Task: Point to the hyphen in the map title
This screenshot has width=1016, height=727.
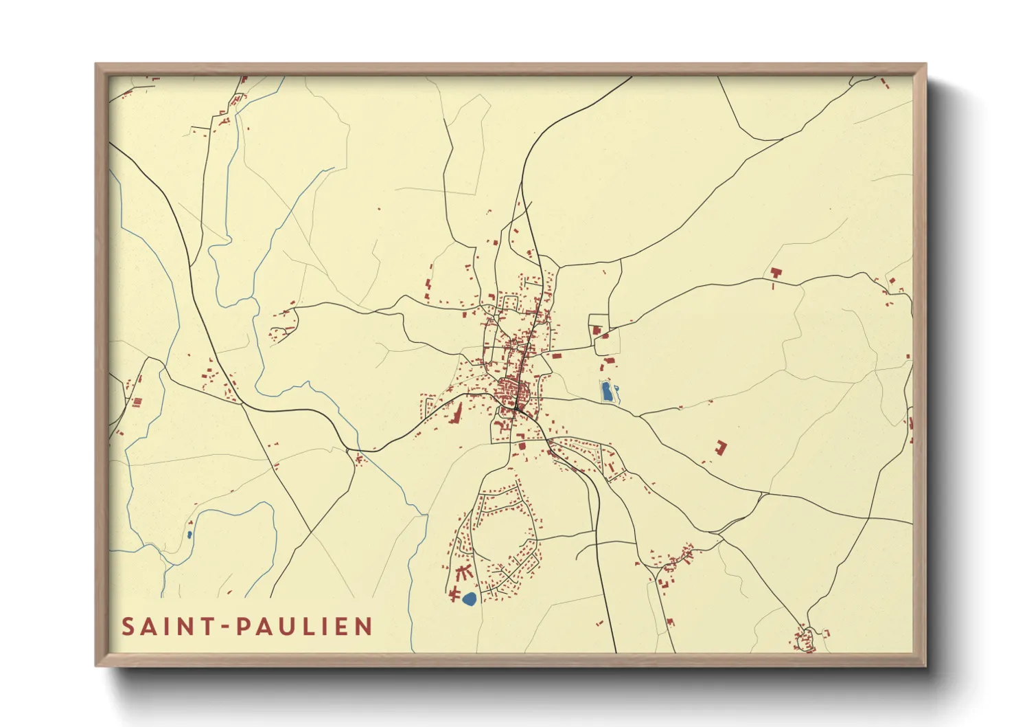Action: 227,627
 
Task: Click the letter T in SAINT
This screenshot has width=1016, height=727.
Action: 209,627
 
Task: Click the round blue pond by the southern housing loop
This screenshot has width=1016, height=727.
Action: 470,599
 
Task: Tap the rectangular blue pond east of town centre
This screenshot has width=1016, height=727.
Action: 608,392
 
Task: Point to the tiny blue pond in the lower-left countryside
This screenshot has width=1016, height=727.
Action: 189,534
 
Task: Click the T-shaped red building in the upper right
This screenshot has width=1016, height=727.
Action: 776,274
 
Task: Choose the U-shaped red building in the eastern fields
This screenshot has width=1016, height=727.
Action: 719,447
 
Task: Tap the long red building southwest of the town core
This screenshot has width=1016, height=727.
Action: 457,415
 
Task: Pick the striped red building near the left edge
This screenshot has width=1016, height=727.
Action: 136,401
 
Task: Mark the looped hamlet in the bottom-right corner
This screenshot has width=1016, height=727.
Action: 805,639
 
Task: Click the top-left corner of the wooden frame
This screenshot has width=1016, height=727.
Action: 96,65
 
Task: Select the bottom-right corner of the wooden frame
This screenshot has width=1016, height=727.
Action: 925,665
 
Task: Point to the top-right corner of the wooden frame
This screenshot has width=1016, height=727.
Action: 925,65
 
